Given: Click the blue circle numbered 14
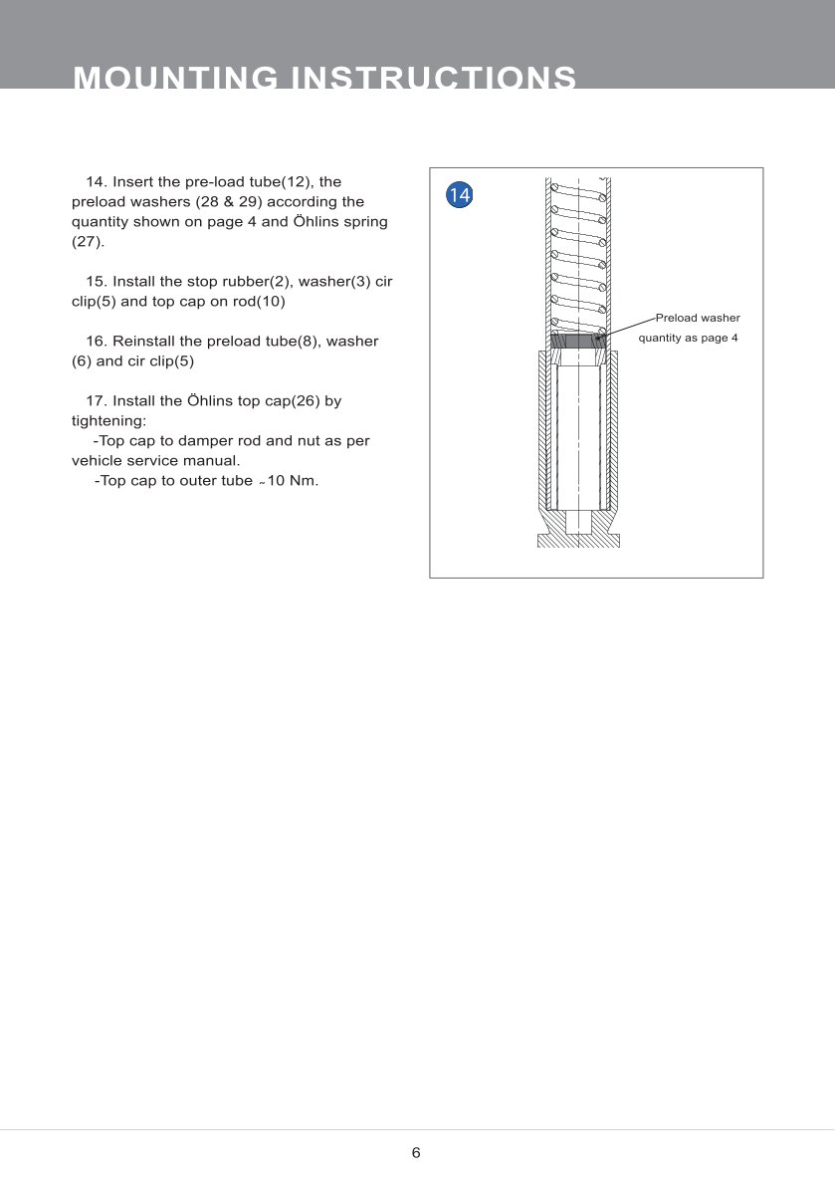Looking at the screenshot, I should pos(459,195).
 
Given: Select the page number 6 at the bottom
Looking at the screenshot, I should pos(416,1153).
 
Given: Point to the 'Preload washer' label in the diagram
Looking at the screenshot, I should pos(698,318).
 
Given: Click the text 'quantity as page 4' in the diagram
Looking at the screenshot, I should pos(688,338).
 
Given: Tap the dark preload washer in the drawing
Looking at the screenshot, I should pos(578,341).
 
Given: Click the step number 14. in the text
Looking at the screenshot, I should pos(97,182).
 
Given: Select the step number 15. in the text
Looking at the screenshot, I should pos(97,282).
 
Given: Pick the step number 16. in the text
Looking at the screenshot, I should pos(97,342).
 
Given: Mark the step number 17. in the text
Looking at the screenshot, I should pos(97,401).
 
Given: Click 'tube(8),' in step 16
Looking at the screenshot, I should pos(294,342).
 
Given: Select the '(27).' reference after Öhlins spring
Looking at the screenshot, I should pos(88,242).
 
